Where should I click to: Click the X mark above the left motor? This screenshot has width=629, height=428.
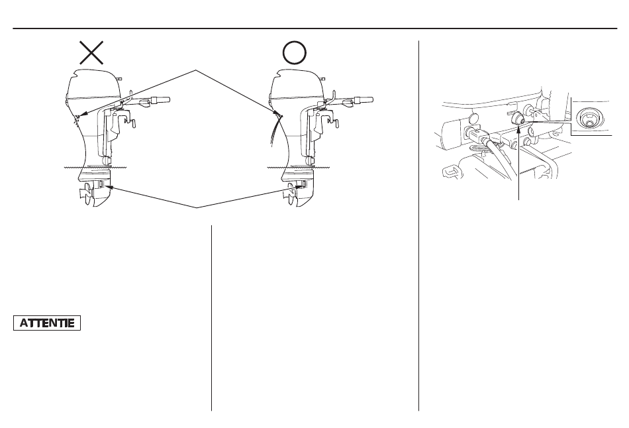(x=91, y=52)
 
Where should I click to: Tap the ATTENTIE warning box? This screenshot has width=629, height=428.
(x=47, y=323)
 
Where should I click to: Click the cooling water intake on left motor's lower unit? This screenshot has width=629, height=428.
(x=101, y=185)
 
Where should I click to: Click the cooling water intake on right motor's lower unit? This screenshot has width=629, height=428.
(x=301, y=185)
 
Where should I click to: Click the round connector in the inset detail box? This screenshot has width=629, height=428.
(x=586, y=119)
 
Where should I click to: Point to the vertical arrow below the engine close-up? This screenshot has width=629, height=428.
(x=519, y=162)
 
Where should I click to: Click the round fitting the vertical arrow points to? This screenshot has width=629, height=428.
(x=518, y=119)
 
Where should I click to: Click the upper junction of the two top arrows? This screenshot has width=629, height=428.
(x=197, y=71)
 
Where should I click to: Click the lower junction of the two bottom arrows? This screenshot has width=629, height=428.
(x=197, y=207)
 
